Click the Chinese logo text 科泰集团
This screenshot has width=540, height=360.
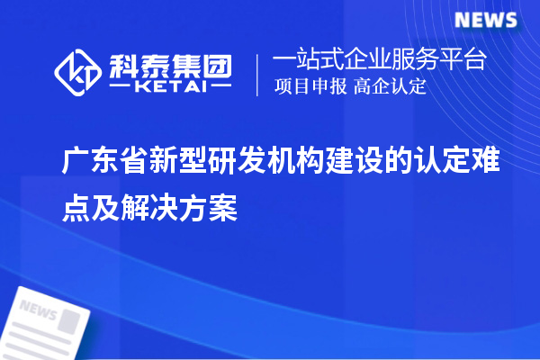pos(172,64)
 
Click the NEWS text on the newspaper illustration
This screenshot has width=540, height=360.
pos(38,311)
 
